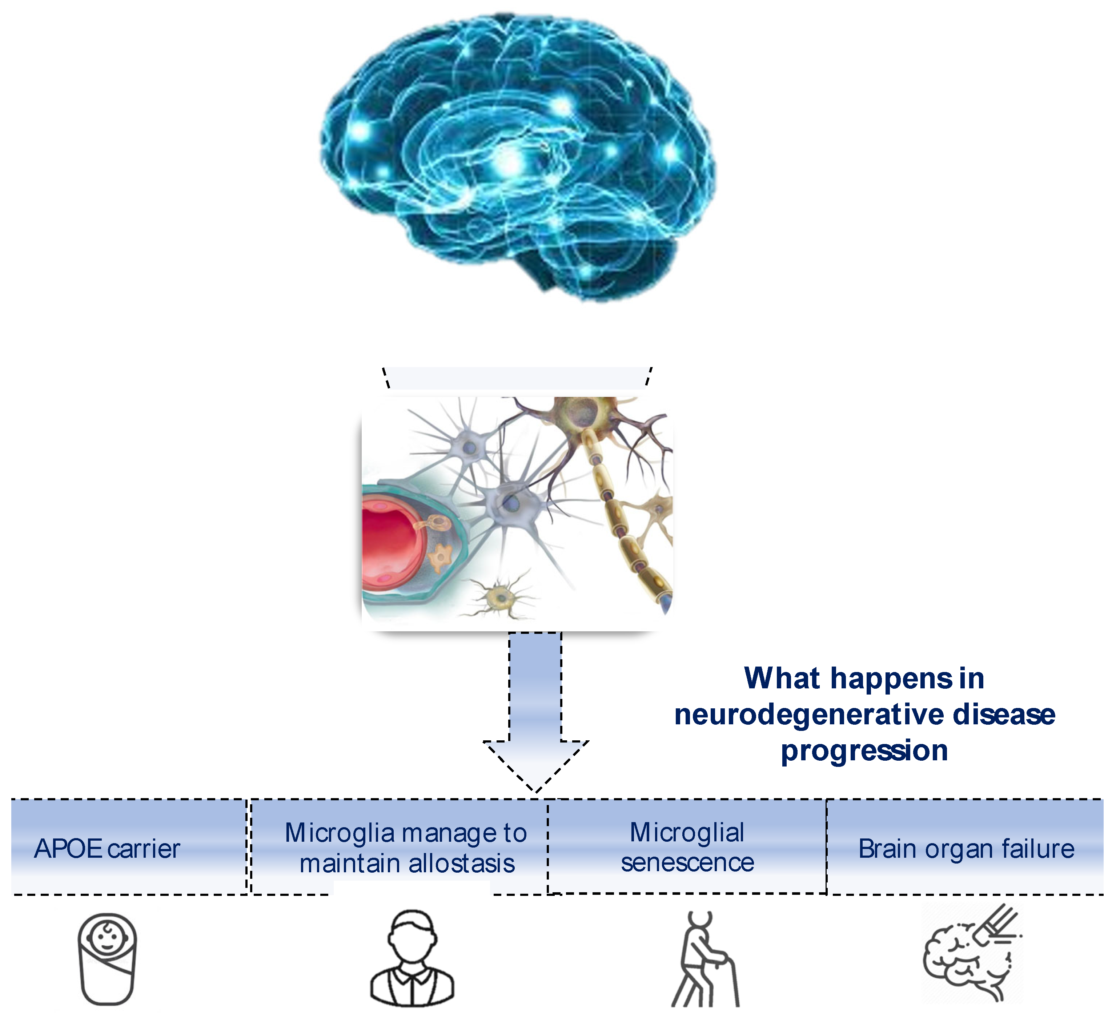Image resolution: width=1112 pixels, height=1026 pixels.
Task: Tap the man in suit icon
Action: coord(412,961)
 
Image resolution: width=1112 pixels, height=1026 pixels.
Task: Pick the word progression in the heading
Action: coord(864,751)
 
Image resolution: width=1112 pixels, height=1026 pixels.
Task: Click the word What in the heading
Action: coord(782,679)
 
